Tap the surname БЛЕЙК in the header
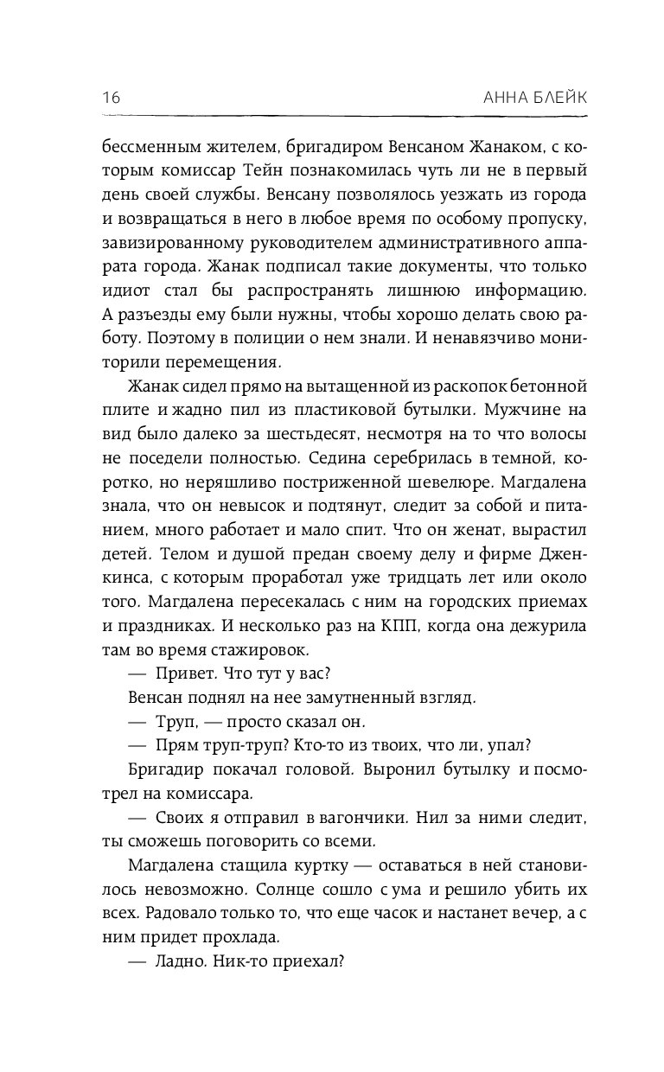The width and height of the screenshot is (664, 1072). coord(556,97)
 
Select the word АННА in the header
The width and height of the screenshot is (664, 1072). coord(488,97)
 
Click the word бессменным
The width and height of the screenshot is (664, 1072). coord(149,146)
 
